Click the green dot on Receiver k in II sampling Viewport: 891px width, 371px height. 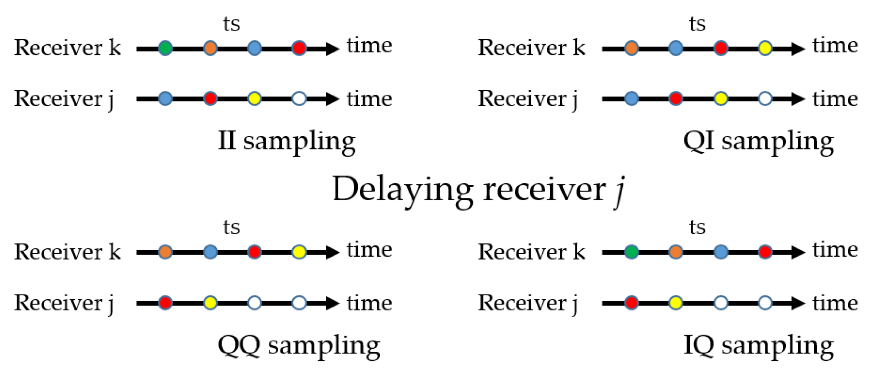165,48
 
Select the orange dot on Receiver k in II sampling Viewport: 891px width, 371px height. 210,48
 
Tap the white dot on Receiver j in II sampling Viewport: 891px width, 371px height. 299,98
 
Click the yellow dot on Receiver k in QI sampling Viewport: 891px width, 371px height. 765,48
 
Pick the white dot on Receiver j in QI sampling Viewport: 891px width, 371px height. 765,98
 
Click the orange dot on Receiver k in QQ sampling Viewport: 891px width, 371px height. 165,252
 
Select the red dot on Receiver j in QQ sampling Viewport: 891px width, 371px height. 165,303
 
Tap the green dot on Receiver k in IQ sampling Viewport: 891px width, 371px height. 631,252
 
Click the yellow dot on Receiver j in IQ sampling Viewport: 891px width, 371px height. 676,303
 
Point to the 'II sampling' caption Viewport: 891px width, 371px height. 287,142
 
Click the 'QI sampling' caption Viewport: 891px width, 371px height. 758,142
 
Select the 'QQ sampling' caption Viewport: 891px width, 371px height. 299,346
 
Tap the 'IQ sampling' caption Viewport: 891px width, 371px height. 758,346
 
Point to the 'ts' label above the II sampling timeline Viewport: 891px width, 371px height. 231,24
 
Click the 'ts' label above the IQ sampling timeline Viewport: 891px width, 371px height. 697,227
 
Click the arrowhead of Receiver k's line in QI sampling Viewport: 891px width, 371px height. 797,49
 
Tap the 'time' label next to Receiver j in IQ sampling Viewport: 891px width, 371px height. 835,303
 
